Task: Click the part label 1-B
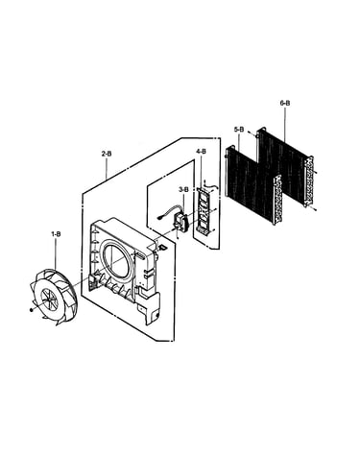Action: point(56,234)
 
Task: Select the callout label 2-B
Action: point(107,154)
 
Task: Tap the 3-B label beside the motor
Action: point(183,190)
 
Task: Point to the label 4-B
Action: point(202,152)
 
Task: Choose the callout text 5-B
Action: point(239,130)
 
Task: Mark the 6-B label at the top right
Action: point(285,103)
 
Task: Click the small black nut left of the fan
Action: point(31,310)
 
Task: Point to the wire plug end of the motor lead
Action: point(159,219)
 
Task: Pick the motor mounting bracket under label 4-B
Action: point(204,210)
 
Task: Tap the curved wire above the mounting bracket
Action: point(209,185)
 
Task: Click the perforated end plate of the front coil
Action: point(277,200)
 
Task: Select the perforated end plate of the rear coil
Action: point(309,180)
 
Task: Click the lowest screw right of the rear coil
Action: point(315,209)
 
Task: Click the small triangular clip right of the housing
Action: point(162,247)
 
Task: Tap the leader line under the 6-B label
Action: point(285,125)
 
